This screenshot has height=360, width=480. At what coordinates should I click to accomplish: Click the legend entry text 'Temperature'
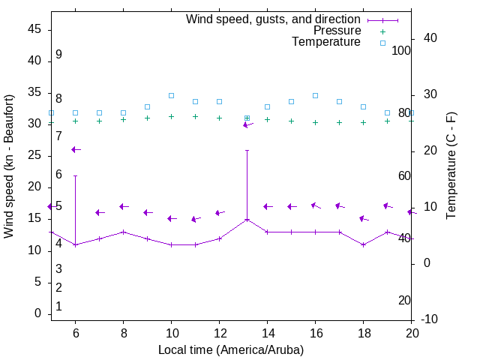[x=326, y=43]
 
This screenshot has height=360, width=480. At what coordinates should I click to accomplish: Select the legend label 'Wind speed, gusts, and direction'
[x=274, y=19]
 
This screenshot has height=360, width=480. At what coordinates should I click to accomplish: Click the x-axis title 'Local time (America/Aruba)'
[x=231, y=349]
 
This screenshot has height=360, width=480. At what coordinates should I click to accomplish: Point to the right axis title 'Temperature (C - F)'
[x=451, y=166]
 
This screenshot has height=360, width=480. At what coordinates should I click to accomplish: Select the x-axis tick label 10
[x=171, y=332]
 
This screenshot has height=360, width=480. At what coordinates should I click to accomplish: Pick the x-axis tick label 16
[x=315, y=332]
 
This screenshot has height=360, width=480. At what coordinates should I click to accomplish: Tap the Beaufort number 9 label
[x=58, y=55]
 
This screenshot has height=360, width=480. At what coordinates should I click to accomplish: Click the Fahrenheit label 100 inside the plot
[x=401, y=50]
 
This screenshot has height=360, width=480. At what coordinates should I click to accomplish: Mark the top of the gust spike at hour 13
[x=247, y=150]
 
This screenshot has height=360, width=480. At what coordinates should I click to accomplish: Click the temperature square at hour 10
[x=171, y=95]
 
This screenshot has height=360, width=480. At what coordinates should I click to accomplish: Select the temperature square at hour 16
[x=315, y=95]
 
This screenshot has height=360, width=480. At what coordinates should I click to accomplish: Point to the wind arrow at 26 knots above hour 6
[x=75, y=149]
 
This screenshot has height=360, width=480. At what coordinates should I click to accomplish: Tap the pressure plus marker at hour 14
[x=267, y=119]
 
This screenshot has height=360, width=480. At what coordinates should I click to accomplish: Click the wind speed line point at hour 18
[x=363, y=244]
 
